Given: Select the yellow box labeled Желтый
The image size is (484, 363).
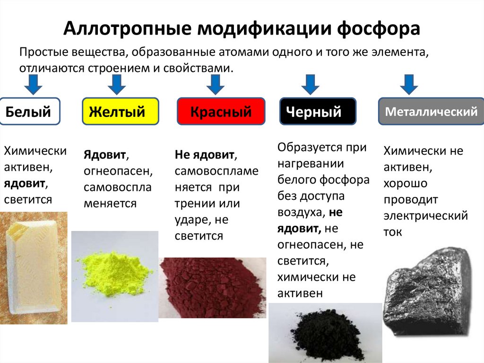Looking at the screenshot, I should click(x=121, y=112).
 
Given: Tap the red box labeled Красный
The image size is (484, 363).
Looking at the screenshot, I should click(x=221, y=112).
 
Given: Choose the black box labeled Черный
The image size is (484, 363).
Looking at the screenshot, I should click(x=318, y=112).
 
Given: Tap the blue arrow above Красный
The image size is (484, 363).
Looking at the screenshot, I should click(x=215, y=84).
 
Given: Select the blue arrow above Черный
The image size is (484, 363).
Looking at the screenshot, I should click(x=310, y=84).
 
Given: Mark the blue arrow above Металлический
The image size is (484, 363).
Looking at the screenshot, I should click(x=409, y=84).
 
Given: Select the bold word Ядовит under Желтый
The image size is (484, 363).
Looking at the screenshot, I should click(x=105, y=155).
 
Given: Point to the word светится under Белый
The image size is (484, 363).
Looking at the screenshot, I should click(x=28, y=199).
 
